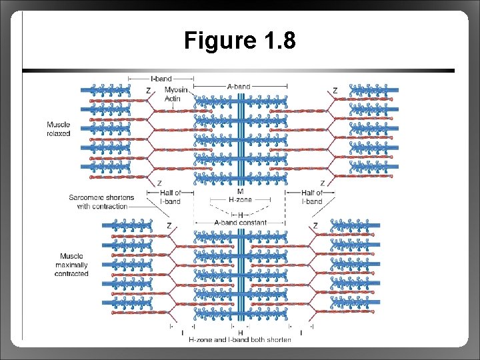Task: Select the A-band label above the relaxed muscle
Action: [239, 87]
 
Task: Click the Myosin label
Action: [176, 90]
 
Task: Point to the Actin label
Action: [173, 98]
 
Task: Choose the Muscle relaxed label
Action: [58, 129]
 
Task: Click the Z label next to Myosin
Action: [147, 91]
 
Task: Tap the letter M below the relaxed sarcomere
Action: [240, 191]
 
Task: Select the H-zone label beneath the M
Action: [240, 199]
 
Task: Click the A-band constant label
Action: [240, 223]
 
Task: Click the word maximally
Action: [71, 265]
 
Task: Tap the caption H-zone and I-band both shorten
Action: [240, 340]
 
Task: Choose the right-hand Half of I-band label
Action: [312, 197]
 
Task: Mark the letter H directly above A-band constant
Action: [240, 215]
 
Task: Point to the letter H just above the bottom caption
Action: [240, 332]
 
